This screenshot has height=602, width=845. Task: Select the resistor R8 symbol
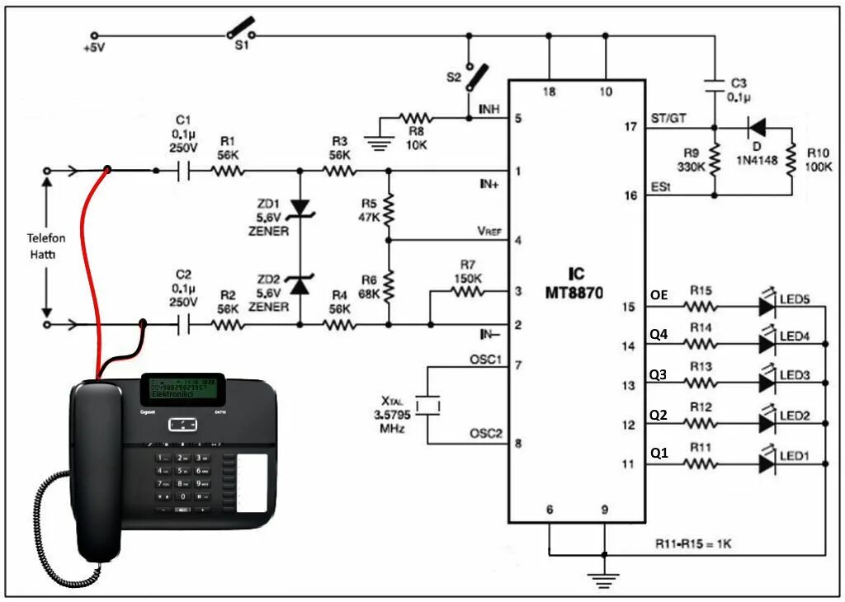416,118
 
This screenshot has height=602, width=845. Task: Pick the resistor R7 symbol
466,292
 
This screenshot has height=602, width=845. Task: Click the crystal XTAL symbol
427,405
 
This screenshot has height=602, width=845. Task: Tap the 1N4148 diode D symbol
754,128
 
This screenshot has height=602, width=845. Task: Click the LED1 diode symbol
767,464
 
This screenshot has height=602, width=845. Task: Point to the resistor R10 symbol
791,160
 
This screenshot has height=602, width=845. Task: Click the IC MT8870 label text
576,283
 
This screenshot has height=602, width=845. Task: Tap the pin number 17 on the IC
632,128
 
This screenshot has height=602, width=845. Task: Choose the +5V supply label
94,49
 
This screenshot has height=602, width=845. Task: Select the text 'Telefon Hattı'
46,245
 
